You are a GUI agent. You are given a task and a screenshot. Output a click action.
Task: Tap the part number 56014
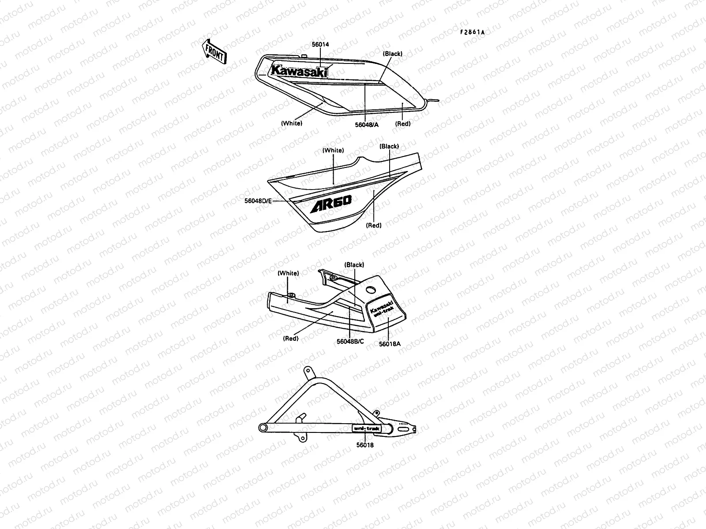pos(320,45)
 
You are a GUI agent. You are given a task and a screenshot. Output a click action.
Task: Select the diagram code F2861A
pos(472,32)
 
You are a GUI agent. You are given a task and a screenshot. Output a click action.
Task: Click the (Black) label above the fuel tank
pos(392,54)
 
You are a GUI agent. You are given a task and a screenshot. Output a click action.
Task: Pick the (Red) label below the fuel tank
pos(402,124)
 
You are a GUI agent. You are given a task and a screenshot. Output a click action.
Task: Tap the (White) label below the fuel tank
pos(292,123)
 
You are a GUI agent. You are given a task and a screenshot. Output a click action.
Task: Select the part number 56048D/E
pos(259,201)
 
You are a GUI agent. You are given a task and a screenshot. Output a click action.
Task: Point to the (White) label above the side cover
pos(333,150)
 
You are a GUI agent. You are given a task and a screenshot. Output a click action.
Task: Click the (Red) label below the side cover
pos(374,225)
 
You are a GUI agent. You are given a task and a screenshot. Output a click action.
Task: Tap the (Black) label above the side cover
pos(389,146)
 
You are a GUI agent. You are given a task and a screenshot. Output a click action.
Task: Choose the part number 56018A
pos(390,344)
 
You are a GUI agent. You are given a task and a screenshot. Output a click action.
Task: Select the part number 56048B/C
pos(350,342)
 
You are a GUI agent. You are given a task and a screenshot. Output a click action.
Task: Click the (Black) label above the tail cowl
pos(354,265)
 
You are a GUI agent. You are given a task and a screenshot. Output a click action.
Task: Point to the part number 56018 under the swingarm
pos(365,445)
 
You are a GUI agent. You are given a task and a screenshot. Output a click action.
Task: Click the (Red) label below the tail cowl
pos(290,339)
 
